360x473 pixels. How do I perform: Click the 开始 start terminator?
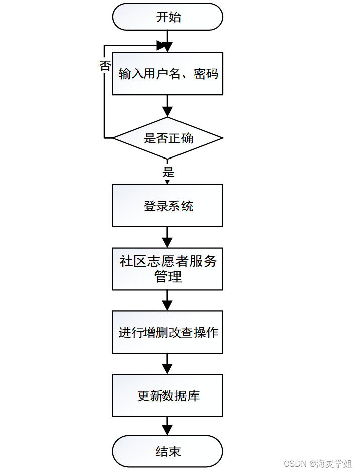167,17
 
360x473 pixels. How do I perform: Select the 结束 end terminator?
167,451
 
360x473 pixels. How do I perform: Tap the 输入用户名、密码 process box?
167,73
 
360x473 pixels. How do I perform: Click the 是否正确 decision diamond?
167,138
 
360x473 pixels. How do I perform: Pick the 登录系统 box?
167,206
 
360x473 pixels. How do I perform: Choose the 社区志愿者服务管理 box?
167,269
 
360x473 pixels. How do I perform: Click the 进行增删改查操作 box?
167,332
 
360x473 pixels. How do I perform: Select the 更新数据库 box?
167,396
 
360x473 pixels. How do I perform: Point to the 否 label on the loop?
105,66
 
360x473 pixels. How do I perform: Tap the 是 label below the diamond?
168,172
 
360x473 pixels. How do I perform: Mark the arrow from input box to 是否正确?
167,106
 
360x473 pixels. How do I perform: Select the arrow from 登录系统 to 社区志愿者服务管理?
167,237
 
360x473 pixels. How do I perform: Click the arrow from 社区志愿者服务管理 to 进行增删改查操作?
167,300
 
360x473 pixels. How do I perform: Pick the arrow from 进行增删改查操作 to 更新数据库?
167,364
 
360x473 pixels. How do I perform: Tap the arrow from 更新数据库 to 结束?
167,426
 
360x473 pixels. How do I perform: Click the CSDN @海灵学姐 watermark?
318,464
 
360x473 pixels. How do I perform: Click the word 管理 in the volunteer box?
168,277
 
